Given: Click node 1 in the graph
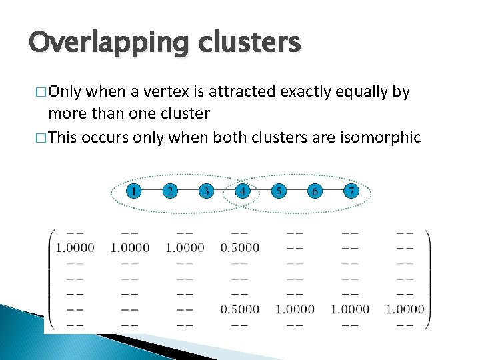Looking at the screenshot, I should tap(134, 192).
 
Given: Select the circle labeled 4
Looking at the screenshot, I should tap(243, 192).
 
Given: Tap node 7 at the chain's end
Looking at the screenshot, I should tap(351, 192).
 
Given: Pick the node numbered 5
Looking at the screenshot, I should tap(279, 192).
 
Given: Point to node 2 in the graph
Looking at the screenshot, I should tap(170, 192).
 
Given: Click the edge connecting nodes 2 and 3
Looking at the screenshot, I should tap(188, 192).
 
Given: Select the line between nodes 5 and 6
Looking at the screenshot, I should tap(297, 192).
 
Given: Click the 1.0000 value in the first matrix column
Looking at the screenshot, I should tap(75, 248).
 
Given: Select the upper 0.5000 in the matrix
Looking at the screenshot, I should tap(239, 248).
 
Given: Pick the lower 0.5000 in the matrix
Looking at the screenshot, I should tap(239, 309).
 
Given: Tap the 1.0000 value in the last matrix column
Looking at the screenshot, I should tap(405, 309).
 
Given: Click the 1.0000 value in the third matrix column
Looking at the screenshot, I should tap(185, 248).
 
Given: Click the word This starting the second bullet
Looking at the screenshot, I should tap(63, 137).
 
